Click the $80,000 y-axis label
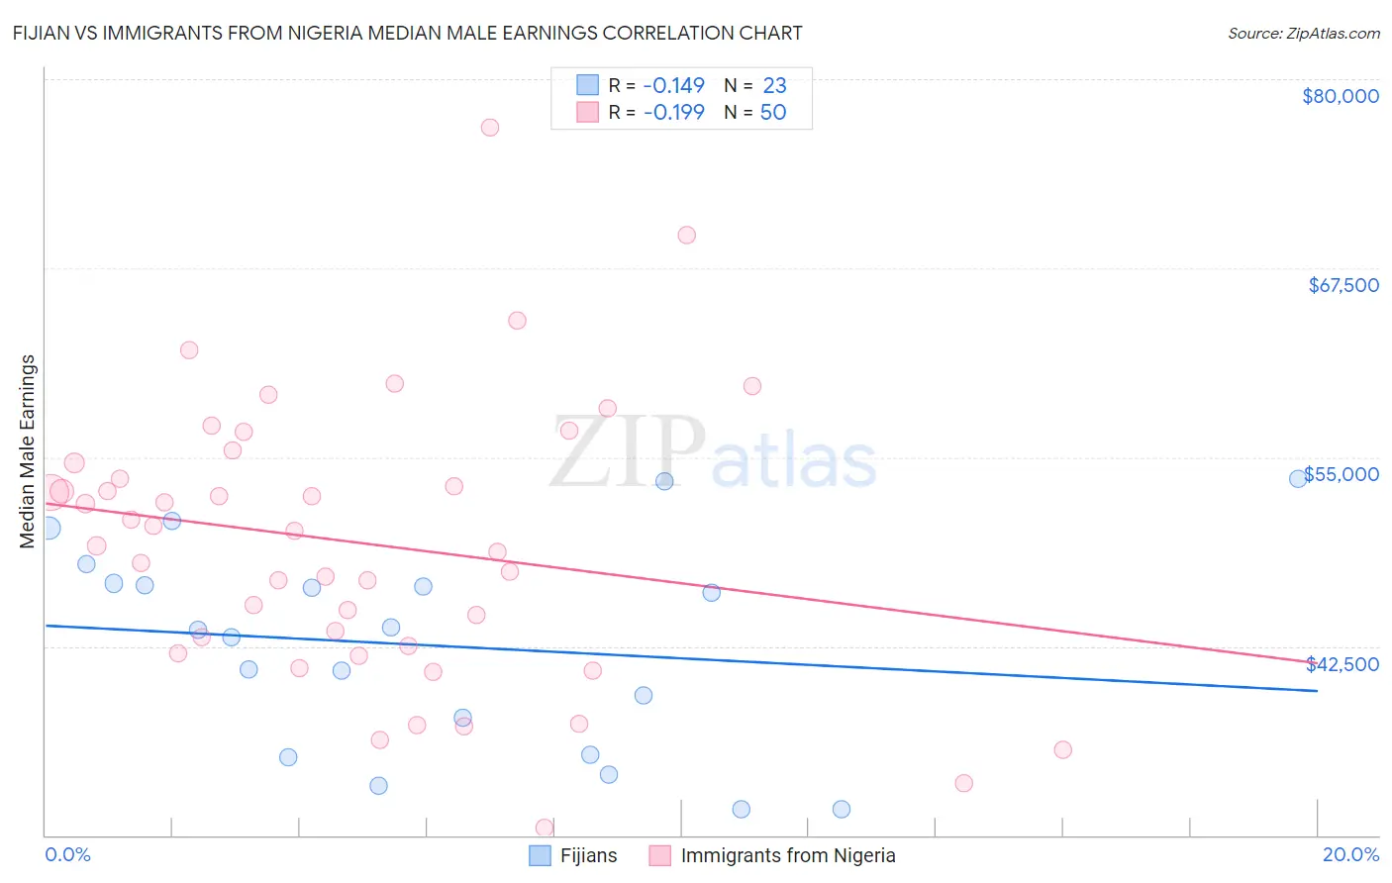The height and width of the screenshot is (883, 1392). (1341, 96)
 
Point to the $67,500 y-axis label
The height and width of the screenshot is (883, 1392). (1343, 285)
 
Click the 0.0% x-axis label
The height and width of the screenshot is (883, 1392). (67, 855)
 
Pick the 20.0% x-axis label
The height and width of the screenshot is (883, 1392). (1350, 855)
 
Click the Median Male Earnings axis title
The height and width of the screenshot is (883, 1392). (28, 451)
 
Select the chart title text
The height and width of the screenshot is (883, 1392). (407, 33)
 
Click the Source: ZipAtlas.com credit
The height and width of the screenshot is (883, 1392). (1303, 34)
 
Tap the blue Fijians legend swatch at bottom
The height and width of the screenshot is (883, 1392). (540, 855)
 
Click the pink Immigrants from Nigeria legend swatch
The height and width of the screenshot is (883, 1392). (660, 855)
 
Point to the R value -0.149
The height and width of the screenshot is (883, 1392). (673, 85)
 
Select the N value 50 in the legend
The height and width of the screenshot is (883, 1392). (773, 113)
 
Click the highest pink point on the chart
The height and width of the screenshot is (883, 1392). (489, 128)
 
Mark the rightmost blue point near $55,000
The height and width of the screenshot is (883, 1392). (1298, 479)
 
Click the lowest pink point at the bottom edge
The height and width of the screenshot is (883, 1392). (545, 828)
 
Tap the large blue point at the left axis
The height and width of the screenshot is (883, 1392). (49, 528)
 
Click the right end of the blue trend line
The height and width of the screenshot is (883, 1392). (1317, 691)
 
